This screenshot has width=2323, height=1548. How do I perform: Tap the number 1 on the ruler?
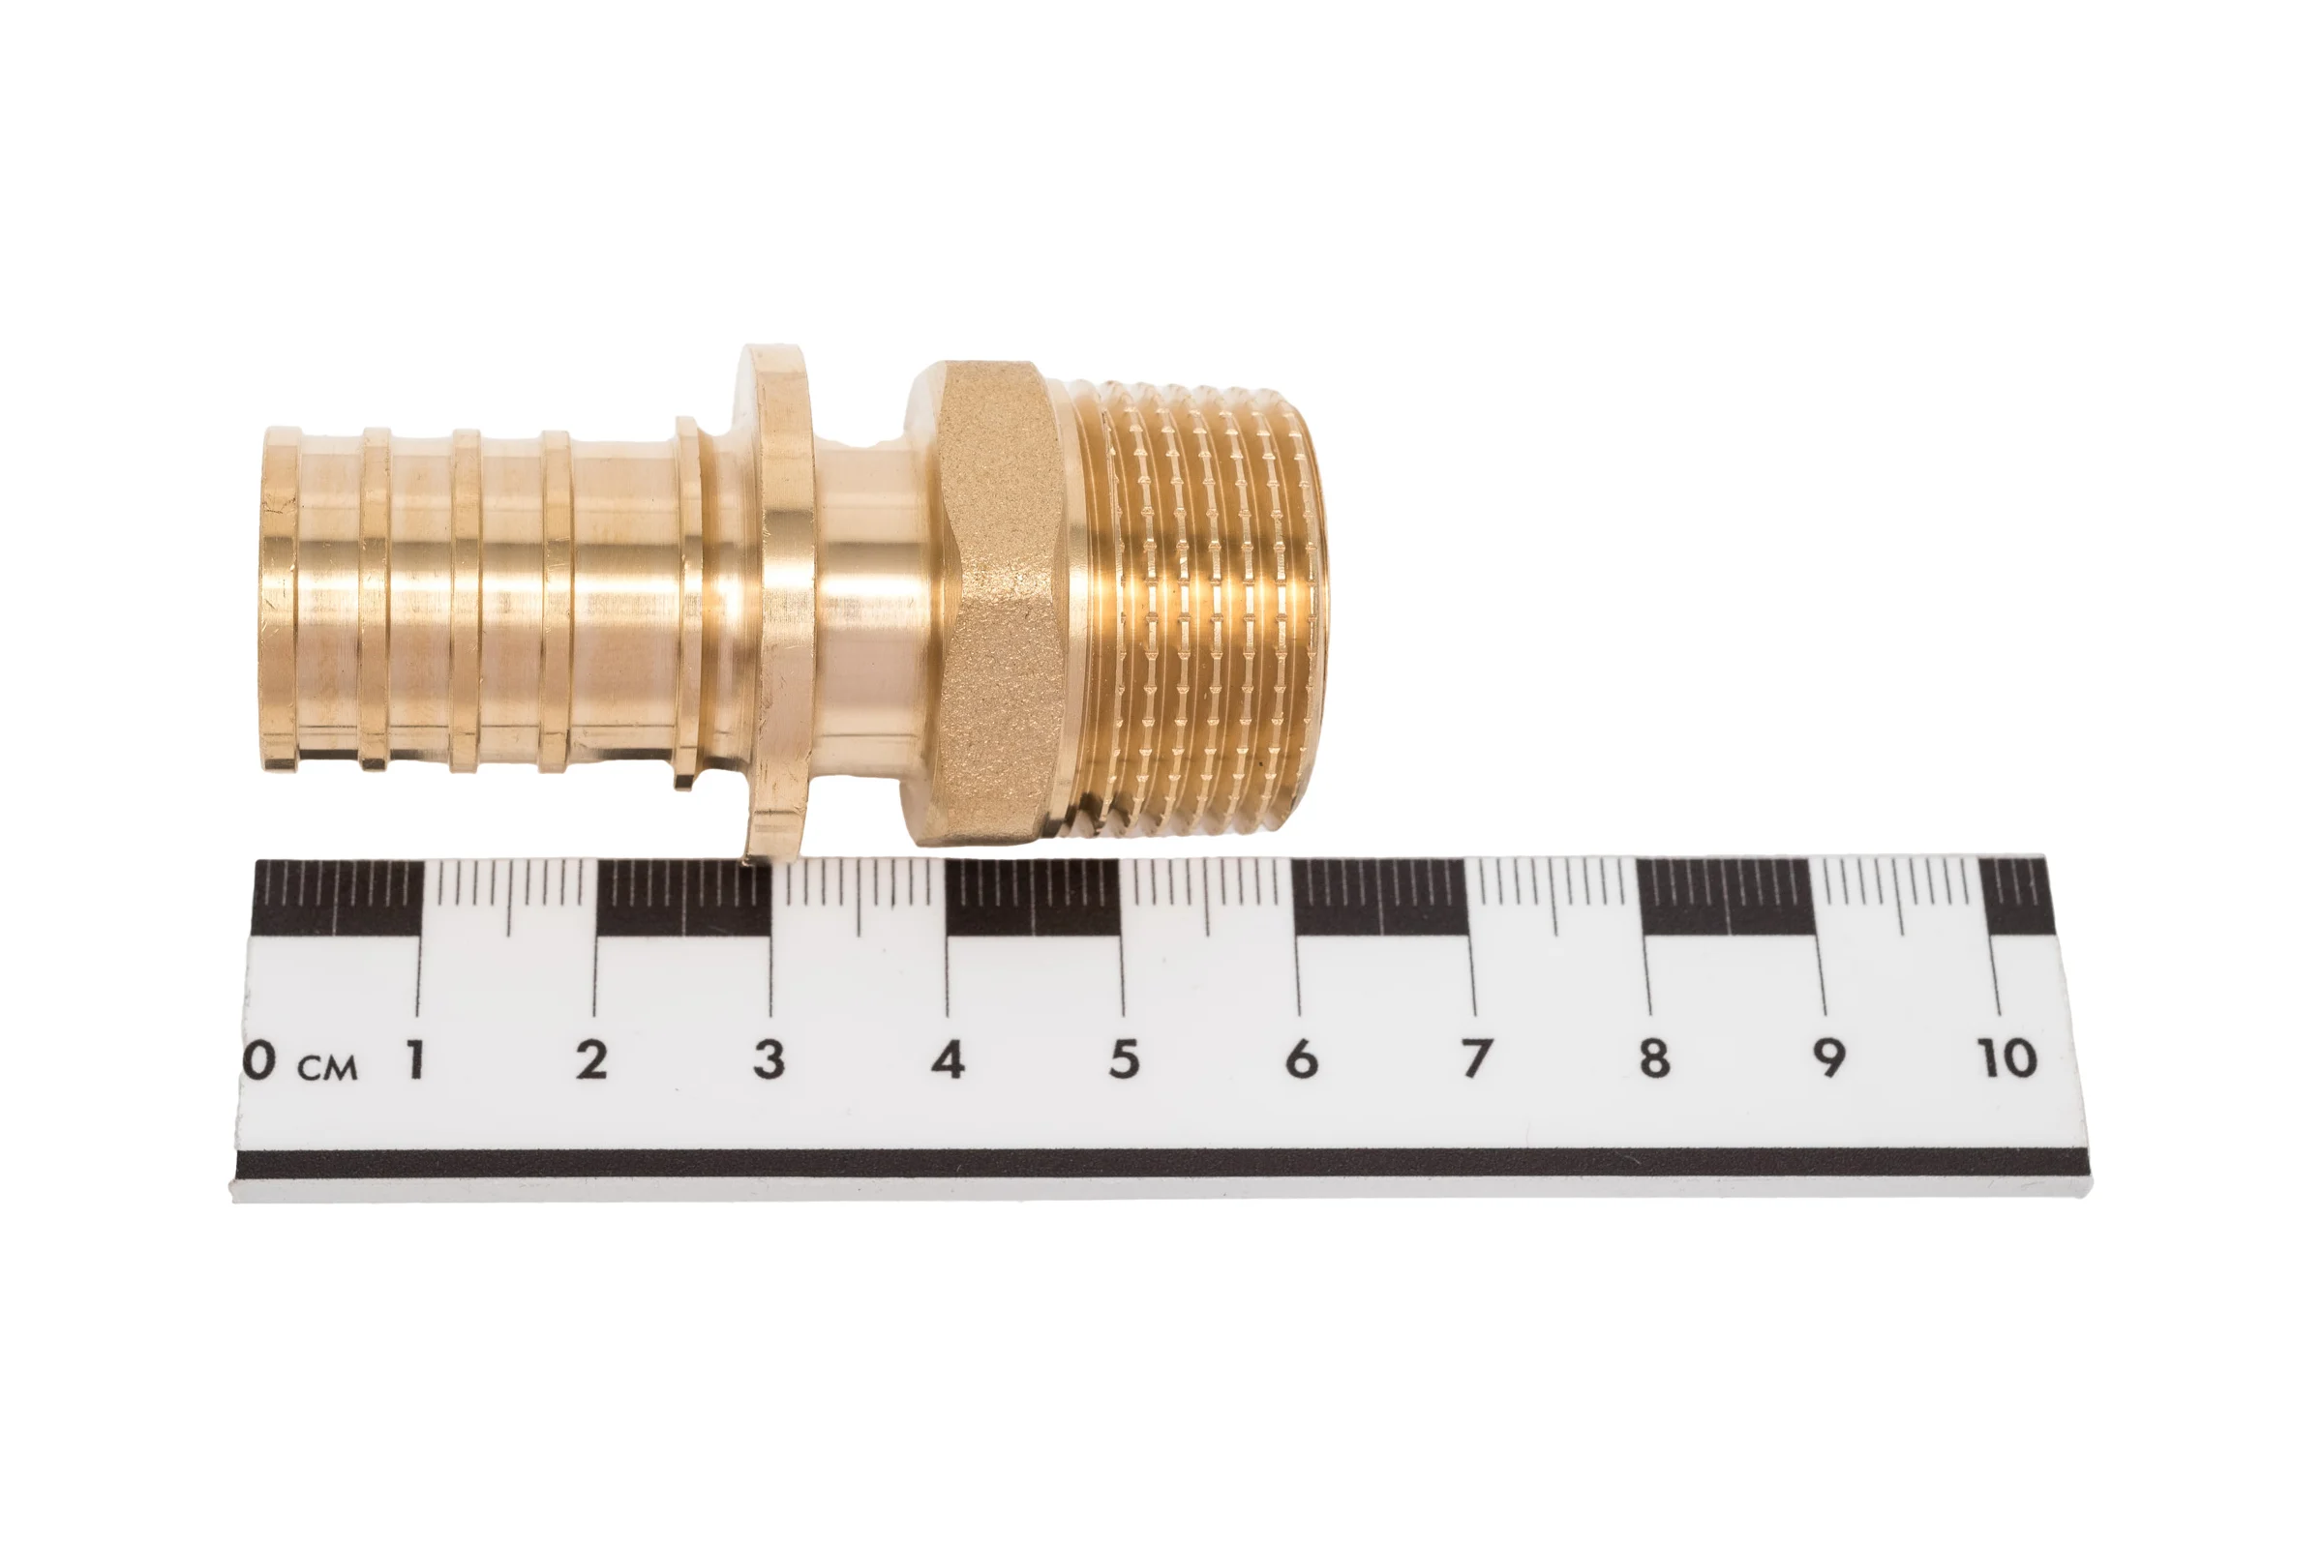pyautogui.click(x=416, y=1059)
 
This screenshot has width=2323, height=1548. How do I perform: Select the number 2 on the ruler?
pyautogui.click(x=591, y=1059)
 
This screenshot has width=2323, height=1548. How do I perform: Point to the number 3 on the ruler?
pyautogui.click(x=769, y=1059)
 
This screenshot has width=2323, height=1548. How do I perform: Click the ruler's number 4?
pyautogui.click(x=948, y=1059)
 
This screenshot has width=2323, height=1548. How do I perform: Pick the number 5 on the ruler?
pyautogui.click(x=1124, y=1059)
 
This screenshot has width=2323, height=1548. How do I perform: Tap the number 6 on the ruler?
pyautogui.click(x=1302, y=1059)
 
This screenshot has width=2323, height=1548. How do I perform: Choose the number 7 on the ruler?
pyautogui.click(x=1477, y=1058)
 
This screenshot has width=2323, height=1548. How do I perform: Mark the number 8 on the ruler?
pyautogui.click(x=1654, y=1058)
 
